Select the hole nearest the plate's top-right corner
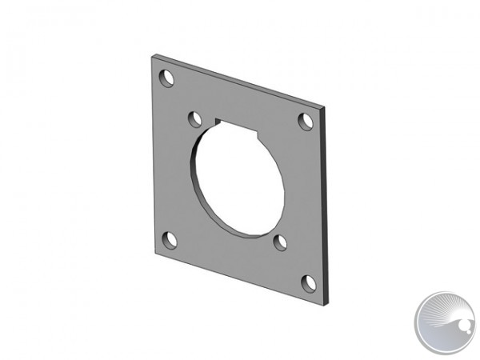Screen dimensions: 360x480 305,121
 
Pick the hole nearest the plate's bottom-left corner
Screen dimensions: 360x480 169,238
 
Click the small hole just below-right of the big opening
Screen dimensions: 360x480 280,242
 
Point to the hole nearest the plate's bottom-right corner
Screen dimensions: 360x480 307,282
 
